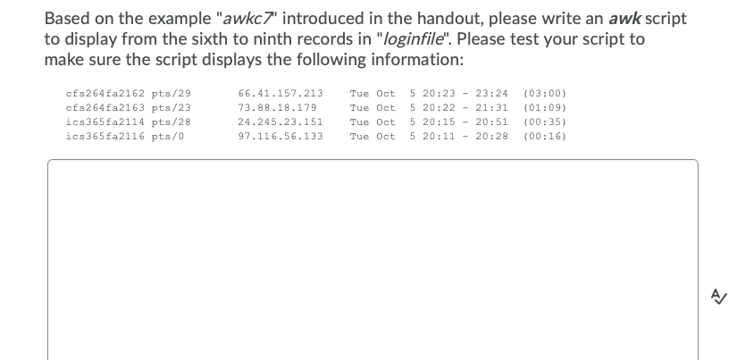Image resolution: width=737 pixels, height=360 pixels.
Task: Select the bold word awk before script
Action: tap(626, 18)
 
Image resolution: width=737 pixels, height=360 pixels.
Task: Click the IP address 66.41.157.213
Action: tap(281, 93)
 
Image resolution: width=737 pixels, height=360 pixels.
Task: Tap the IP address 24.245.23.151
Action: tap(281, 121)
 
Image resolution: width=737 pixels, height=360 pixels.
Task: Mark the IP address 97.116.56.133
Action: tap(281, 136)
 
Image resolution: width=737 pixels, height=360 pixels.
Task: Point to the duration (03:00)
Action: tap(545, 93)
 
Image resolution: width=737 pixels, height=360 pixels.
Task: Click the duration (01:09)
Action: tap(545, 107)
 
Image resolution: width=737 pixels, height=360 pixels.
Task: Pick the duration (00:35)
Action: tap(545, 121)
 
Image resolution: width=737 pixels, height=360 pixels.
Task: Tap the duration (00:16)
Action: tap(545, 136)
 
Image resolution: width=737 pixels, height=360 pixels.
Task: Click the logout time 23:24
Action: tap(492, 93)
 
